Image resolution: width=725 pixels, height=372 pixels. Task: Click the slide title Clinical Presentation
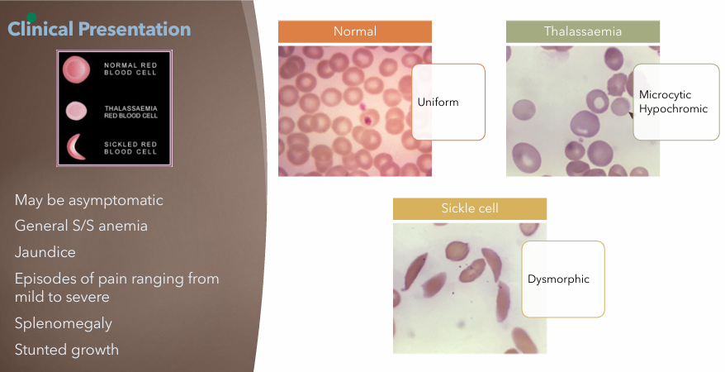[99, 30]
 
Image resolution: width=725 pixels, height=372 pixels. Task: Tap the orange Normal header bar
[355, 31]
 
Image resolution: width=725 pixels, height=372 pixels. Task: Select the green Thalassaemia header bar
[582, 31]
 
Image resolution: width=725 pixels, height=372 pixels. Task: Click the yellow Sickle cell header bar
[469, 209]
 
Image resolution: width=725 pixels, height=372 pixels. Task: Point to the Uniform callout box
[448, 102]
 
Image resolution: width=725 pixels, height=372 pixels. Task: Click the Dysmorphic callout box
[563, 279]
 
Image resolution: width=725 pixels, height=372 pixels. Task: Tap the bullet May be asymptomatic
[89, 201]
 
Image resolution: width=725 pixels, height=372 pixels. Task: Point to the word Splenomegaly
[64, 323]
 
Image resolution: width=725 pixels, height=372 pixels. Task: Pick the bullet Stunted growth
[67, 350]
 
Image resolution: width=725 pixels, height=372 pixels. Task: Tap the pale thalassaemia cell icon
[76, 111]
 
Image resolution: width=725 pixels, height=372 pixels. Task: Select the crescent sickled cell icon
[78, 146]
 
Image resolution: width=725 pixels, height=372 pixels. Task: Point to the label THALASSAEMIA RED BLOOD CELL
[136, 111]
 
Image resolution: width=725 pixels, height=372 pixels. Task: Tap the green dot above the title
[31, 17]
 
